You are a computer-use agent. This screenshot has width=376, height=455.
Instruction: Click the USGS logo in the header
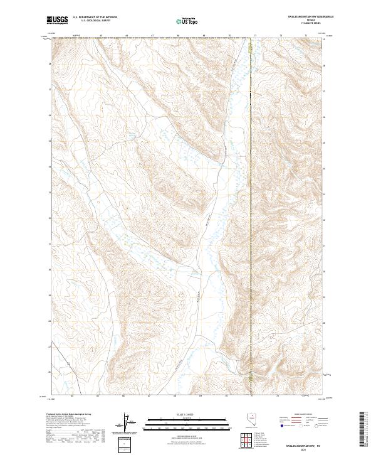point(57,20)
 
